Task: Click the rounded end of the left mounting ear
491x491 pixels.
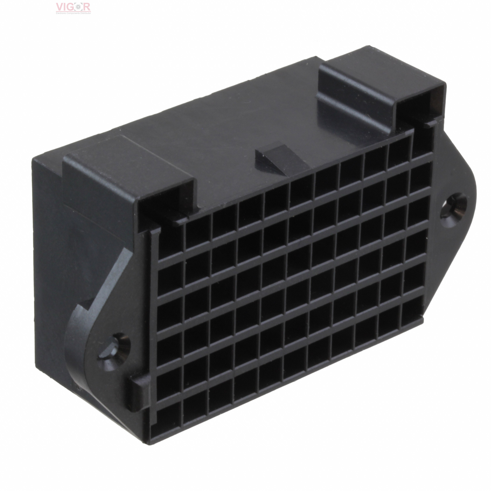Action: pyautogui.click(x=74, y=338)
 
